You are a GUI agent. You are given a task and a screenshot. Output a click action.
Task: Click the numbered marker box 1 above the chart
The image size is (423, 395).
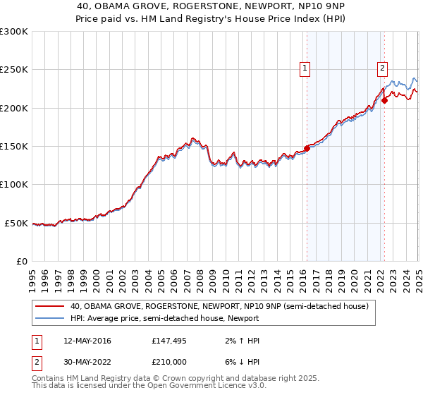point(305,68)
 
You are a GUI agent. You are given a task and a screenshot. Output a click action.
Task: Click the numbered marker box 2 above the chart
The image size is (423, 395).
point(381,68)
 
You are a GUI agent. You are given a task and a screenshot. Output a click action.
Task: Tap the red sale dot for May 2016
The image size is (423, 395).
point(307,148)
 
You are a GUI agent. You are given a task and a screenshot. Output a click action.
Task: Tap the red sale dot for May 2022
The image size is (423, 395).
point(384,100)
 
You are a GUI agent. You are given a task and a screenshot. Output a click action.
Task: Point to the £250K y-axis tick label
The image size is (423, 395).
point(13,70)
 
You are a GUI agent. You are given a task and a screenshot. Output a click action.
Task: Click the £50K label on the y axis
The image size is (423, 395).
point(16,223)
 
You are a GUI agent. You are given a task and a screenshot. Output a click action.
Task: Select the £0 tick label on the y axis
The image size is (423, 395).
point(22,261)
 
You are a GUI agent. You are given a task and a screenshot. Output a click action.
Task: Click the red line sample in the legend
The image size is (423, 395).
point(49,306)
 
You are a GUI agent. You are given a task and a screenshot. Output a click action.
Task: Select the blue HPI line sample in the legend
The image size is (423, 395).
point(49,318)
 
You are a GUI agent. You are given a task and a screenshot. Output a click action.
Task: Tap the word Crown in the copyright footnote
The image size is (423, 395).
point(178,379)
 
